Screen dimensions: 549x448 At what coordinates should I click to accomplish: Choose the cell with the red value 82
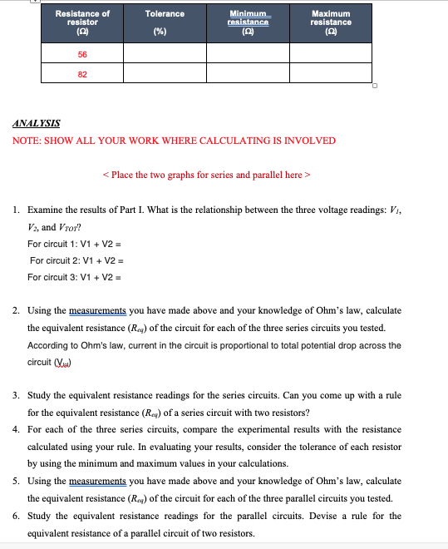tap(82, 72)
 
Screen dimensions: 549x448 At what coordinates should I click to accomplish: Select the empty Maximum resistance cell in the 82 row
tap(330, 72)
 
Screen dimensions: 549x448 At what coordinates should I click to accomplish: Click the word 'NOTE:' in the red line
tap(27, 141)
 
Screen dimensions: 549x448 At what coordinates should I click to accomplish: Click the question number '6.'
tap(17, 516)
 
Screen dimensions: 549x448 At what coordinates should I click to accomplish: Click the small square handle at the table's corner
tap(375, 85)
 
